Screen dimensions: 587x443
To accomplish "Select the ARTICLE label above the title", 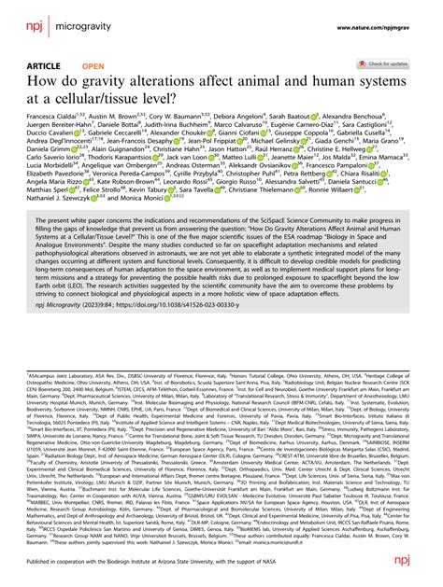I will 35,67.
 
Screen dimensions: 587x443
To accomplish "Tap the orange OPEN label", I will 93,67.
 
